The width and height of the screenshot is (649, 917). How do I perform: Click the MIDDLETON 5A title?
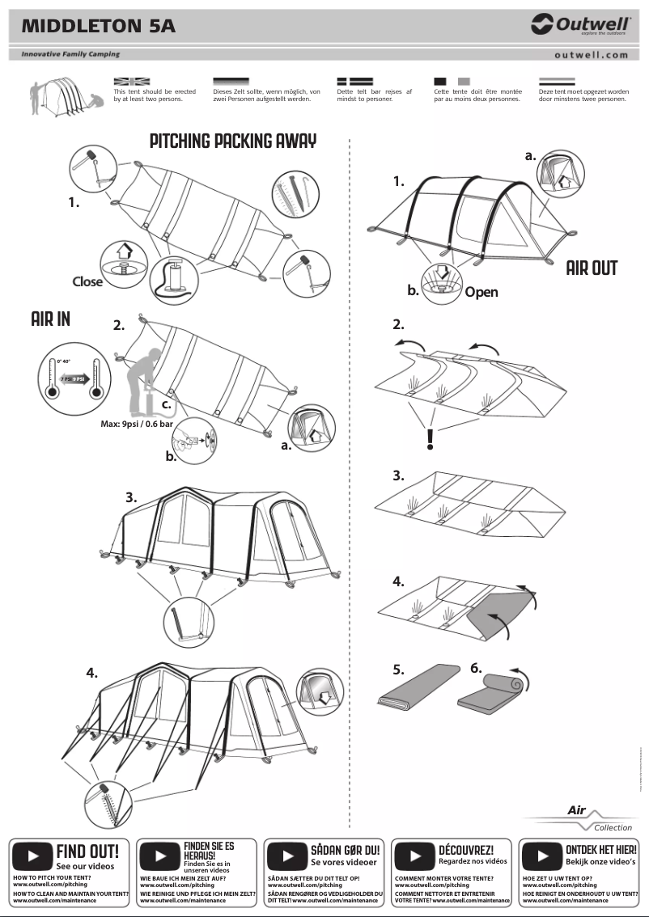tap(98, 27)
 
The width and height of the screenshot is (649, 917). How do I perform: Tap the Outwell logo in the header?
tap(580, 25)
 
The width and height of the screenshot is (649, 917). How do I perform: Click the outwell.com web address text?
tap(592, 55)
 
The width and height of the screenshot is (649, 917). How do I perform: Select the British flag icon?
tap(132, 82)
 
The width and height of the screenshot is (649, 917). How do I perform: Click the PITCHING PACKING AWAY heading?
tap(233, 142)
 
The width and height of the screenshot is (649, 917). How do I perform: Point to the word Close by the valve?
tap(87, 281)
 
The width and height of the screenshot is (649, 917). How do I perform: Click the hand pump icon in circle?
tap(176, 279)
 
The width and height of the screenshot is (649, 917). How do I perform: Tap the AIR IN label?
tap(51, 319)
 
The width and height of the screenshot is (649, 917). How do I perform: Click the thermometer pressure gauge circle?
tap(74, 377)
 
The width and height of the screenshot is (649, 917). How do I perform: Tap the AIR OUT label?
tap(592, 268)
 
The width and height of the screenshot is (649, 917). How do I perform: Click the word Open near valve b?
tap(481, 292)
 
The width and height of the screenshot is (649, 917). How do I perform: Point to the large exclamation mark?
tap(431, 438)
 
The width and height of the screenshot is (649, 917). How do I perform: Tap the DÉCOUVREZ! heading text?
tap(466, 850)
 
